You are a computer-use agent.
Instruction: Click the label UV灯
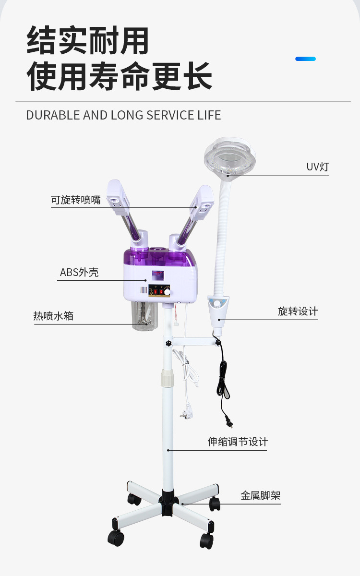tap(318, 167)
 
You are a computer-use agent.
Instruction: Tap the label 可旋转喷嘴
tap(76, 200)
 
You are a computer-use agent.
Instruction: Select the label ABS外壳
tap(79, 273)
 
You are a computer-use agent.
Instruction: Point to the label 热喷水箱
tap(53, 316)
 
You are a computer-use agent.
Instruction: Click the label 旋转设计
tap(298, 311)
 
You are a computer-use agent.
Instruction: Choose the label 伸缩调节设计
tap(238, 442)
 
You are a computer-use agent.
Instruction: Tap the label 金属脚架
tap(261, 495)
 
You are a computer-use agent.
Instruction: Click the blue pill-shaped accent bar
tap(305, 59)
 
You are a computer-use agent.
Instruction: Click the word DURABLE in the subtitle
tap(53, 115)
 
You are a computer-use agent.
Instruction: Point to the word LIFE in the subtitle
tap(209, 115)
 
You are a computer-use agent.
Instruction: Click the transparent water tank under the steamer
tap(145, 316)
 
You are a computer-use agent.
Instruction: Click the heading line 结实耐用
tap(87, 41)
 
